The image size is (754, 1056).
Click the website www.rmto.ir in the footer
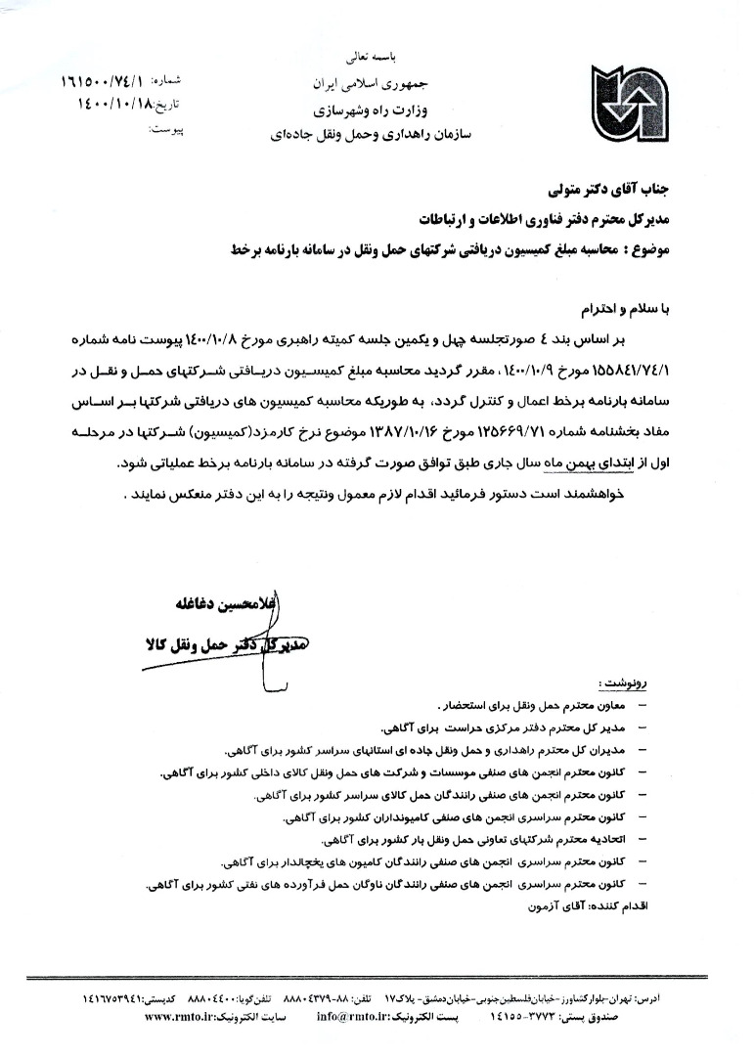coord(183,1017)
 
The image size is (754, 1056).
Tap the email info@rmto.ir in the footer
coord(352,1017)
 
